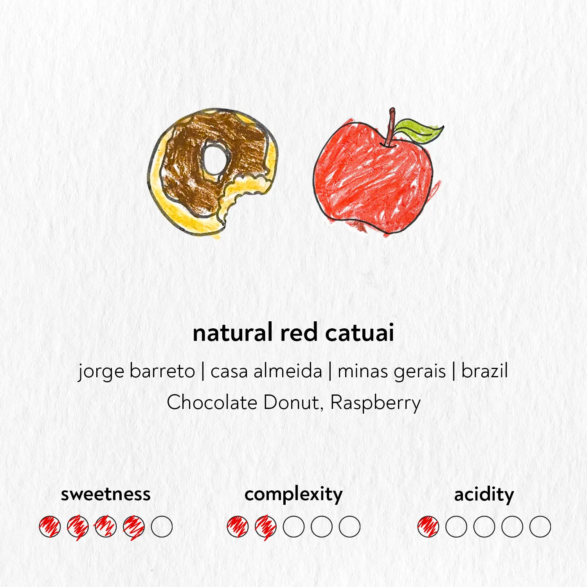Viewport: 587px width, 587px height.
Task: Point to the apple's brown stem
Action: [x=391, y=127]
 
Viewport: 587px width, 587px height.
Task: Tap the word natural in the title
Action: [x=232, y=333]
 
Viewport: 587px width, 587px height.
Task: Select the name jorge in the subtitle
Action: [x=101, y=371]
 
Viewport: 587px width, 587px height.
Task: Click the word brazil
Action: [x=484, y=371]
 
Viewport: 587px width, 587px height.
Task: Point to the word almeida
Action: [x=288, y=371]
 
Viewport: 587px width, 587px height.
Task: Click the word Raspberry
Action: [x=375, y=403]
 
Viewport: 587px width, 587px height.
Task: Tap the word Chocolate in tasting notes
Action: [x=212, y=402]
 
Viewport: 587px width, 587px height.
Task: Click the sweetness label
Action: [x=106, y=494]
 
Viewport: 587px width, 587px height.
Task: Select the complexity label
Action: [x=293, y=495]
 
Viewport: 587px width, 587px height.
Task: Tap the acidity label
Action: [x=484, y=495]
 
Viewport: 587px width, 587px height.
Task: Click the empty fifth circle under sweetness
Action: [x=162, y=527]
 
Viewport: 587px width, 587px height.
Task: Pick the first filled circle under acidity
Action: [x=428, y=527]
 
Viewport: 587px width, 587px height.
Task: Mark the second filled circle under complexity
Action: [x=266, y=527]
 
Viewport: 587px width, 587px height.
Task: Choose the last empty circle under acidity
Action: [x=540, y=527]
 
